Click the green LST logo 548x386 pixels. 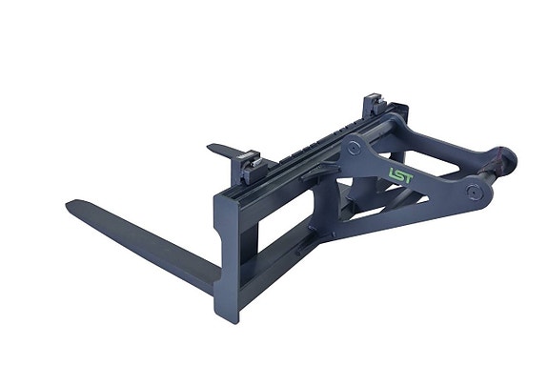pyautogui.click(x=401, y=175)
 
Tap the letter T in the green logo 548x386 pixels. pyautogui.click(x=408, y=178)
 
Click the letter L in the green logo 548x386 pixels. pyautogui.click(x=392, y=173)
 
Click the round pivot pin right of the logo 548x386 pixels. pyautogui.click(x=472, y=193)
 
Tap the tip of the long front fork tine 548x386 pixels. pyautogui.click(x=69, y=205)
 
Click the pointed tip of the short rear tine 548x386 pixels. pyautogui.click(x=209, y=147)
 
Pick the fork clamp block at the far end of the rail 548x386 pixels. pyautogui.click(x=374, y=104)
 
